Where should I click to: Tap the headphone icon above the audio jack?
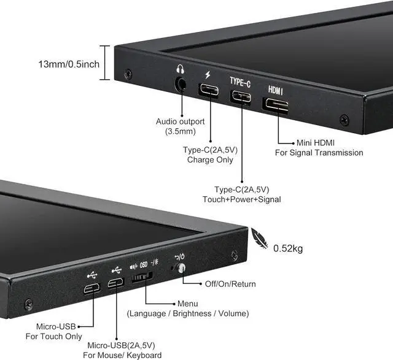tap(180, 69)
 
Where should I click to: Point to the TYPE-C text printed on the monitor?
tap(240, 81)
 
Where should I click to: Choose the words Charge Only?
tap(210, 160)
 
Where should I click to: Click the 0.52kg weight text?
tap(288, 248)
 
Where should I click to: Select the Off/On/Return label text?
tap(231, 284)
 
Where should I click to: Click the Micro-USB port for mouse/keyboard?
tap(115, 283)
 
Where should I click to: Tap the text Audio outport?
tap(181, 121)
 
